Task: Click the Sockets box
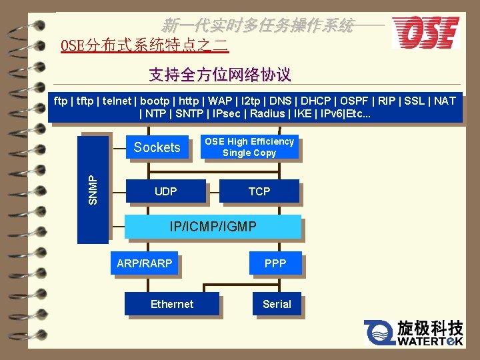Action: [157, 147]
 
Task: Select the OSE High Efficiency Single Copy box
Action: [249, 147]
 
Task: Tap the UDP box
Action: [165, 191]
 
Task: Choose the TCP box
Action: [259, 191]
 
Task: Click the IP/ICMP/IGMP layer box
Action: [213, 227]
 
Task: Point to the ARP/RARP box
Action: [145, 263]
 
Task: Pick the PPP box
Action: [275, 263]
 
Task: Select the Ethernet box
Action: [172, 304]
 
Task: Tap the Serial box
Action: [277, 304]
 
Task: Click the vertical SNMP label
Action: [93, 189]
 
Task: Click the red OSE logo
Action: [425, 32]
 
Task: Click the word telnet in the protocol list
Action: [117, 101]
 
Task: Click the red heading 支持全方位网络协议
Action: [220, 74]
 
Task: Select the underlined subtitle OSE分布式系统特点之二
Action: [145, 46]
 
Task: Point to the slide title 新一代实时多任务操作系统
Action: [257, 26]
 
